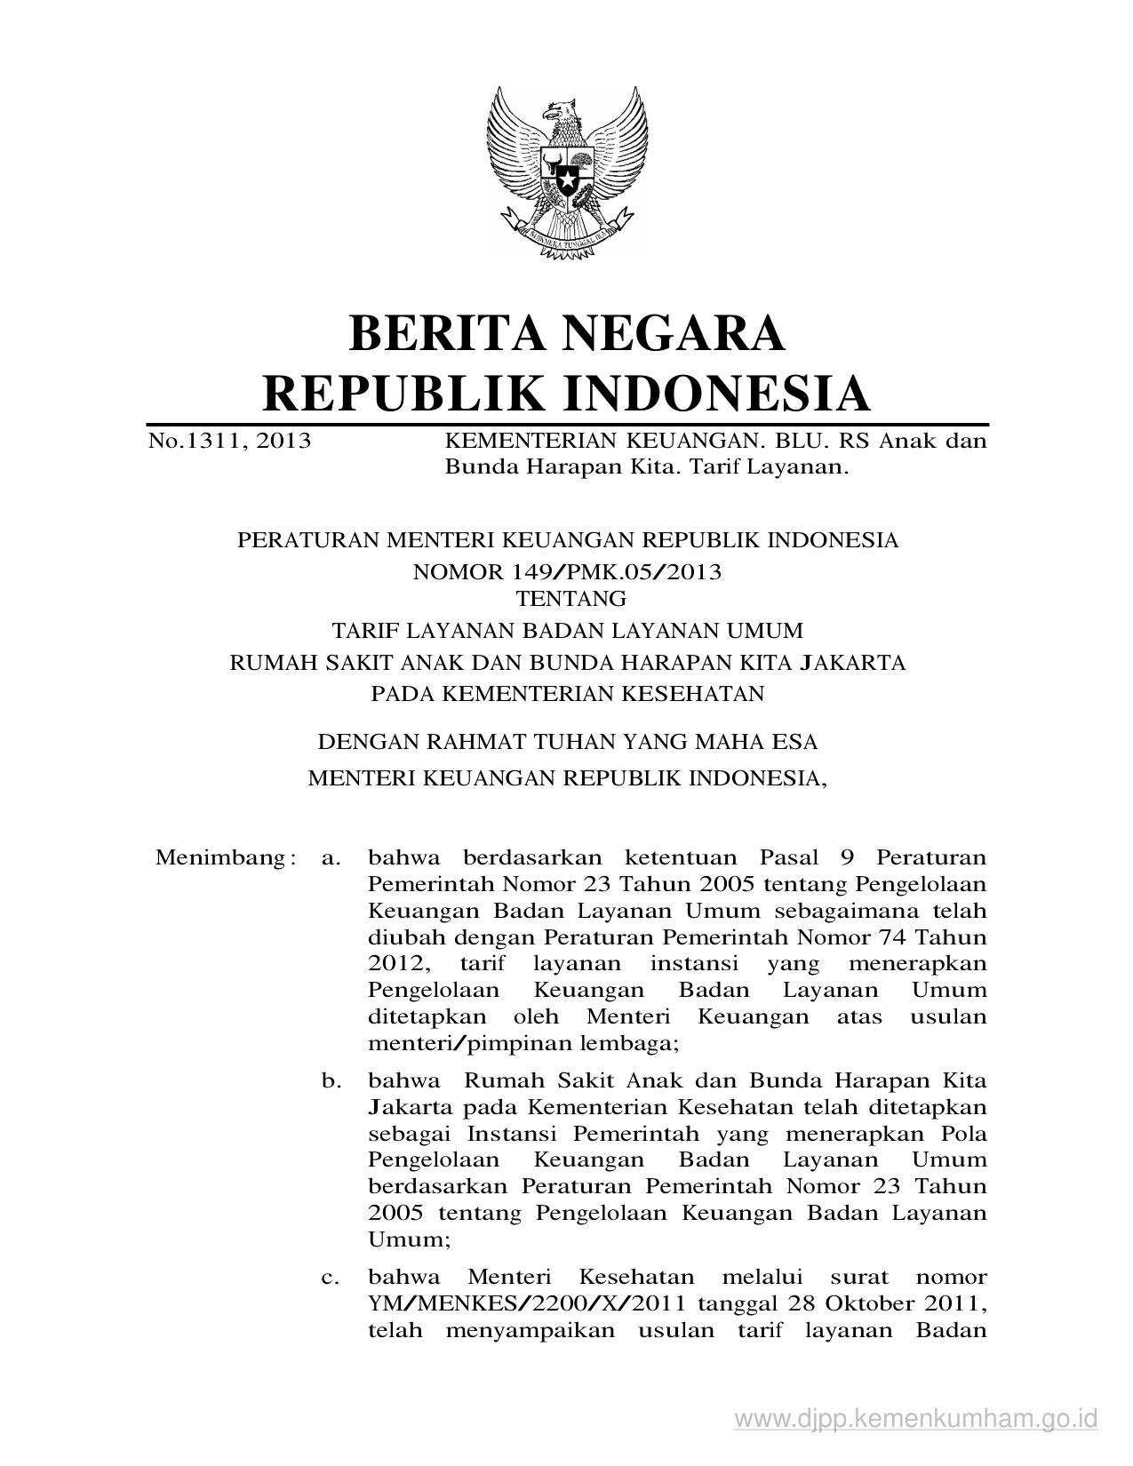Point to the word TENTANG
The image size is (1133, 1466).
(567, 598)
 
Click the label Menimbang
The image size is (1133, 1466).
(217, 857)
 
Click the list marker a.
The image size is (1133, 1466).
(331, 857)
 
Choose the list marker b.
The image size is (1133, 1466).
(331, 1081)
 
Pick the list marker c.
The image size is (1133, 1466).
(331, 1278)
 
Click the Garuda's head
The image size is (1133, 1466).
(562, 113)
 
